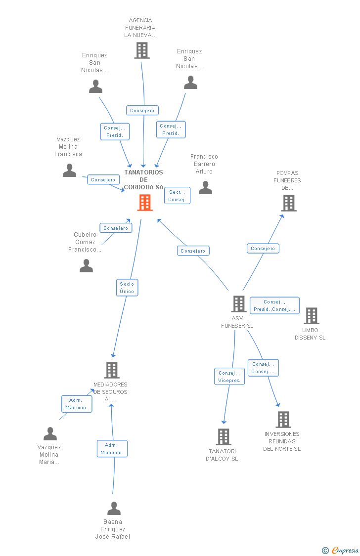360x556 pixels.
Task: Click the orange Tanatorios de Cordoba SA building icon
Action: point(145,203)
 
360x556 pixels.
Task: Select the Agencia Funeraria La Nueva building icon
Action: point(142,50)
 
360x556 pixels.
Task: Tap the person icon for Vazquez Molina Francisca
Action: point(70,171)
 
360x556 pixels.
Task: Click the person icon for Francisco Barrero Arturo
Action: point(205,188)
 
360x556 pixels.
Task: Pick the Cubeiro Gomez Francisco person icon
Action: point(87,266)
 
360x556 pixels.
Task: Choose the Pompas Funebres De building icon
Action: point(289,203)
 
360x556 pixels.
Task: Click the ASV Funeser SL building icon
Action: point(239,304)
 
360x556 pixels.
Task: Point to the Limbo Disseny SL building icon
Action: point(312,316)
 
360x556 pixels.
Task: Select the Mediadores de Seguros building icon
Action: point(112,370)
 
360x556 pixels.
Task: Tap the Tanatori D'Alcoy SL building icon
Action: point(224,437)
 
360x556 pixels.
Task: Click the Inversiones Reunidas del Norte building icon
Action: point(283,420)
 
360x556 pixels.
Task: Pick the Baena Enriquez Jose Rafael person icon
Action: point(114,509)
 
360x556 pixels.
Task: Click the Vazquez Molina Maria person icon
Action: point(50,434)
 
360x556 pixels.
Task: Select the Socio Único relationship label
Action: point(127,288)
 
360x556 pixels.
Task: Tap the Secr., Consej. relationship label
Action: point(177,196)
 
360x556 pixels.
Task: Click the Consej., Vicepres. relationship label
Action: point(229,377)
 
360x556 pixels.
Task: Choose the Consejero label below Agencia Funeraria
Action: point(142,111)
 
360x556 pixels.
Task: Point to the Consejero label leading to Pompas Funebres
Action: point(263,249)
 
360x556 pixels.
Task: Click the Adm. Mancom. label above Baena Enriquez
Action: point(112,449)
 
